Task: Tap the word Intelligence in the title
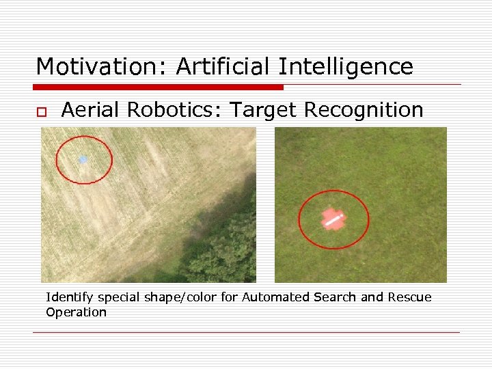tap(346, 67)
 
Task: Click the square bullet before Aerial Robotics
tap(41, 111)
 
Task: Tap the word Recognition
tap(360, 109)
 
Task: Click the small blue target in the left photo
tap(83, 159)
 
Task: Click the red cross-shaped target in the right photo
tap(333, 219)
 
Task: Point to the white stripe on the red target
tap(333, 219)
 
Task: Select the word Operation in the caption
tap(77, 312)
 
